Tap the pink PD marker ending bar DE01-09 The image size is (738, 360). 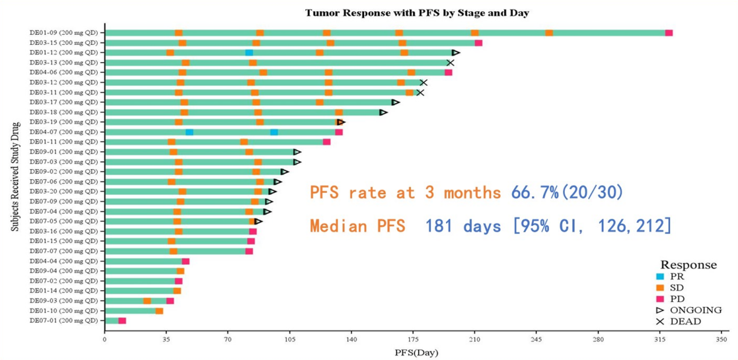[x=669, y=33]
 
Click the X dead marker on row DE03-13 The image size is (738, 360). [x=450, y=62]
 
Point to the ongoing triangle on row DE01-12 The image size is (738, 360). [x=456, y=52]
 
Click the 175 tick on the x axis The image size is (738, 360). [x=412, y=339]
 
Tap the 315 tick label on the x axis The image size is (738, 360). [x=659, y=339]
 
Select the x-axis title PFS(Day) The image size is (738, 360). [x=416, y=352]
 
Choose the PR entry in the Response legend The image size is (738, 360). [x=677, y=277]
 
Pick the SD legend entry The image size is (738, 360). [x=677, y=288]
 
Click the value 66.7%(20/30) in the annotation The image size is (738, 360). [x=567, y=193]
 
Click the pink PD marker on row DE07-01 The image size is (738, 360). [x=122, y=320]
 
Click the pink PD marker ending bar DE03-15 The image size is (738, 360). [x=479, y=42]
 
